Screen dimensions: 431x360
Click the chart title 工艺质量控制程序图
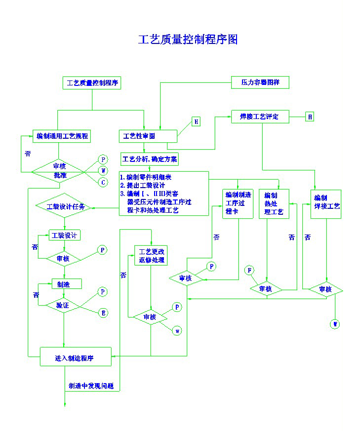188,39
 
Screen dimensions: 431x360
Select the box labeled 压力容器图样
260,82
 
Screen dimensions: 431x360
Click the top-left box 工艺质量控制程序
92,83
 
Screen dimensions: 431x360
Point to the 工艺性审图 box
148,136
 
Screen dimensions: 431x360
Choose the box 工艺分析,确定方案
150,159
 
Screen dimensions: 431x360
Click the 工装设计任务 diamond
65,206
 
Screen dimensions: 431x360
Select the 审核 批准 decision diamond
60,171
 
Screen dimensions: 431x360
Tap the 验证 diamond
64,306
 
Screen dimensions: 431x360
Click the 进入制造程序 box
75,358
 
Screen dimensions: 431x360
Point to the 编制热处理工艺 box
274,204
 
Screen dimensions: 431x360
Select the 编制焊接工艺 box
326,203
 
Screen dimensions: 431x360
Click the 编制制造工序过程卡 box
238,203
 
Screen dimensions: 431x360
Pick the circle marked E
103,313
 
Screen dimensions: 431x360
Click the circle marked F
249,270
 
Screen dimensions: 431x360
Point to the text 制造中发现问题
91,386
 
